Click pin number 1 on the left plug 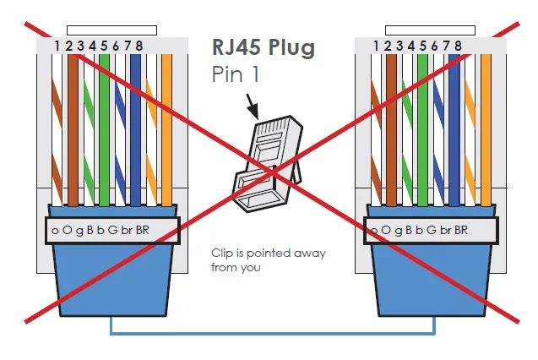[57, 46]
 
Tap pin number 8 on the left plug [139, 46]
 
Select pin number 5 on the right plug [422, 46]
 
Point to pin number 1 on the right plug [376, 46]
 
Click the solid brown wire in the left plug [73, 130]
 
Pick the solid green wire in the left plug [104, 130]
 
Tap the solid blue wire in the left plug [135, 130]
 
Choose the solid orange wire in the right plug [486, 130]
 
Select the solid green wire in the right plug [422, 130]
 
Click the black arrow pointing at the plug [253, 106]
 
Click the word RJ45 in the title [236, 47]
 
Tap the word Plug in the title [291, 48]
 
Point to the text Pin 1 [236, 74]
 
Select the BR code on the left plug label [143, 230]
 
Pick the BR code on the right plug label [461, 230]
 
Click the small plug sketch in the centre [268, 164]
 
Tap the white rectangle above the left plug [111, 30]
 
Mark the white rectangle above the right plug [430, 30]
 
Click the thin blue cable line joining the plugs [273, 333]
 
